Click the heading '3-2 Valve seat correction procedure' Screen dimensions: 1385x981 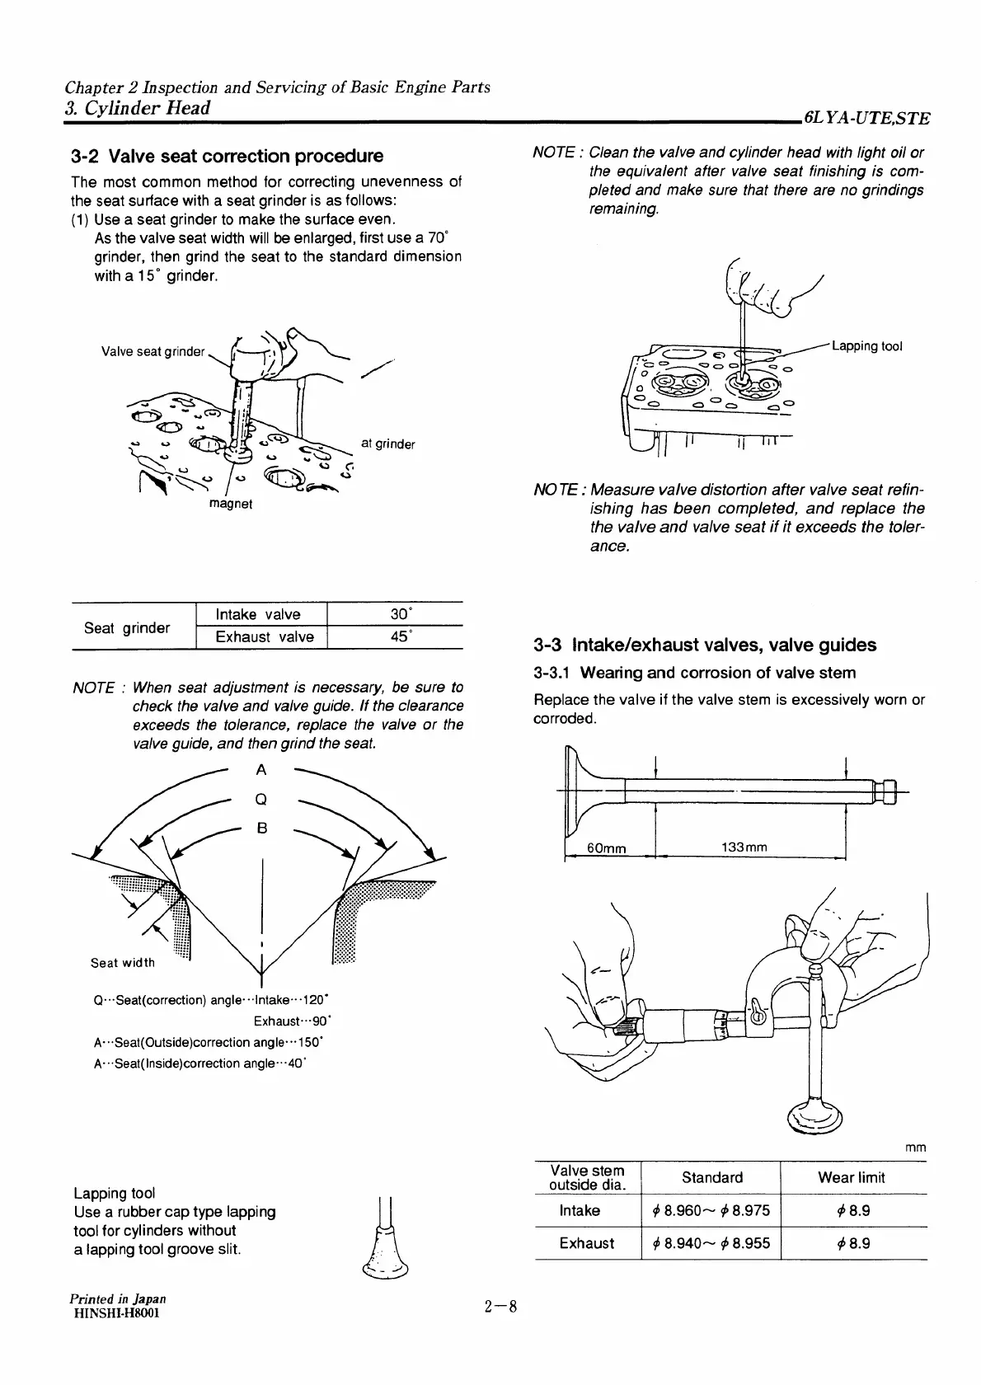coord(227,156)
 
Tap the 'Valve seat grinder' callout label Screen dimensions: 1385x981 coord(153,352)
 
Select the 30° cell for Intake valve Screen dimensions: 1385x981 coord(400,614)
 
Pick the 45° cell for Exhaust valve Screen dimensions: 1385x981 coord(400,636)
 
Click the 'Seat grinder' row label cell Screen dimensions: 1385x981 coord(127,627)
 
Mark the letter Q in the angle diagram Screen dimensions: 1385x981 coord(261,799)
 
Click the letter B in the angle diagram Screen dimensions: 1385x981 coord(261,828)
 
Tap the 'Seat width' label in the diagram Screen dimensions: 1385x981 coord(123,962)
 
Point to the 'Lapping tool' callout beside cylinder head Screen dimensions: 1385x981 coord(867,346)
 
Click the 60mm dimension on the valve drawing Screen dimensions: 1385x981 coord(606,847)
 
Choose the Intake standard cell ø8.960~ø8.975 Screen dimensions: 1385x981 coord(711,1210)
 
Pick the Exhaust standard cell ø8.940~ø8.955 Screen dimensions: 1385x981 coord(711,1243)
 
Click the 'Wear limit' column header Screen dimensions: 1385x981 coord(851,1177)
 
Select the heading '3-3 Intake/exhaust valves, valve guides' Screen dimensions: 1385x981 coord(705,645)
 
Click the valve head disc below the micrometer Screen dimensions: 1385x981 coord(816,1117)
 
